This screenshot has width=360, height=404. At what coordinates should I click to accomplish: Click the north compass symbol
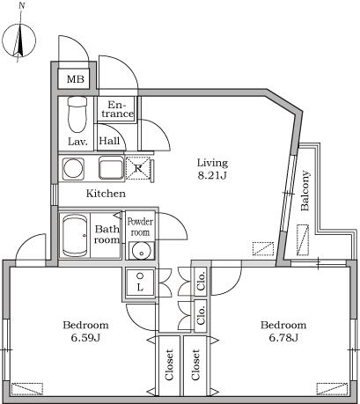click(x=19, y=40)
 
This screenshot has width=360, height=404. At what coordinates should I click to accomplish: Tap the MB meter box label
click(x=76, y=79)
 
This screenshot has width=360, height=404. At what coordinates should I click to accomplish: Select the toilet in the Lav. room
click(x=77, y=114)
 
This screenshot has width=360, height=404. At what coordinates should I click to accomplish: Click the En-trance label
click(x=118, y=109)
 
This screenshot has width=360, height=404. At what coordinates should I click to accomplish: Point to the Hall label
click(x=109, y=141)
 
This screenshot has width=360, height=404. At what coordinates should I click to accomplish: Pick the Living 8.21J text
click(x=212, y=169)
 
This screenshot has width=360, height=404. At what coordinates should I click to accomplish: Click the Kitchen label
click(x=106, y=194)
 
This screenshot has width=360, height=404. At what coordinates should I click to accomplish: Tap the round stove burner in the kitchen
click(x=73, y=168)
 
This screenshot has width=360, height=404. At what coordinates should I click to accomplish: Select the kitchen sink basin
click(x=111, y=168)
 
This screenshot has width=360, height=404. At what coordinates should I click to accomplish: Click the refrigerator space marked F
click(x=138, y=168)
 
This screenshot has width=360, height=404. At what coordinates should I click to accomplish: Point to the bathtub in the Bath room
click(x=76, y=236)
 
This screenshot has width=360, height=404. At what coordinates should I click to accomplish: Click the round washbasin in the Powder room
click(x=141, y=251)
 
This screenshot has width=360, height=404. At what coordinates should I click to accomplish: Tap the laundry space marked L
click(x=140, y=282)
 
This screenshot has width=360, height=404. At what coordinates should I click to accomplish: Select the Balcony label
click(x=305, y=191)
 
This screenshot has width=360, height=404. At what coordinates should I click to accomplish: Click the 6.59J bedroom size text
click(x=86, y=338)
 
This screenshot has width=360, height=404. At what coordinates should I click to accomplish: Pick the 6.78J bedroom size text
click(x=283, y=338)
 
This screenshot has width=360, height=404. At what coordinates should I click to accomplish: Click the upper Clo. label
click(x=201, y=282)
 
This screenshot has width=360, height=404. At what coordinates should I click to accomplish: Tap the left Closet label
click(x=169, y=364)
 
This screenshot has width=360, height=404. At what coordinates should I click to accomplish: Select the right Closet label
click(x=195, y=364)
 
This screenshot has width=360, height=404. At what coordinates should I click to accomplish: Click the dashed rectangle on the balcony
click(x=303, y=240)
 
